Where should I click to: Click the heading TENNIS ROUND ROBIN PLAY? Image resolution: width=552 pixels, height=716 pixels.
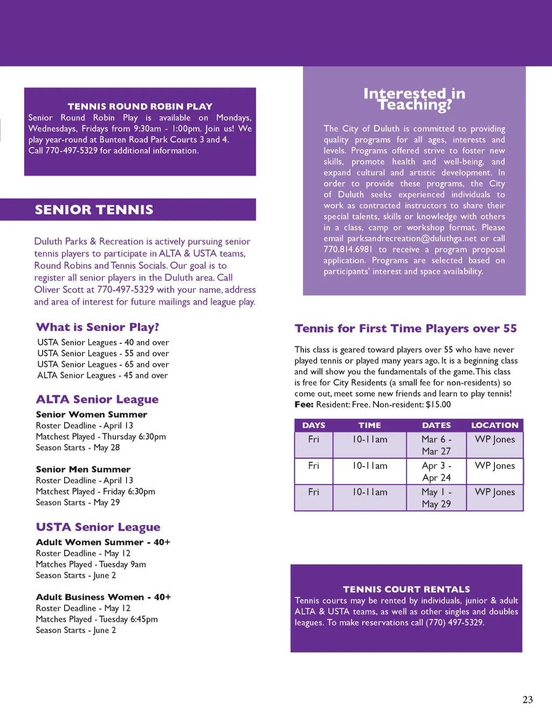(140, 107)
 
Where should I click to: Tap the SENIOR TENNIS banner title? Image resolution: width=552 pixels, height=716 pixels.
(94, 210)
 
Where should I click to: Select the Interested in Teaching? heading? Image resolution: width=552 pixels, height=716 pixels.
(414, 99)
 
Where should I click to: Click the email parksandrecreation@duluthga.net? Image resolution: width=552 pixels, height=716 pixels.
(412, 239)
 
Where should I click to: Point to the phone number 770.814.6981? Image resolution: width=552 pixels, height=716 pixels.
(348, 249)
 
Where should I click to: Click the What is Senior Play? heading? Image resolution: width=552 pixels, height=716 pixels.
(97, 327)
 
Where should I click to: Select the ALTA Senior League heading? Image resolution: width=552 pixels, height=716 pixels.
(97, 399)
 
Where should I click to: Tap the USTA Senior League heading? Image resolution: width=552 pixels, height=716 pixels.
(98, 527)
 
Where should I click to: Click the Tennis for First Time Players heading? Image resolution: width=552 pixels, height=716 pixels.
(405, 329)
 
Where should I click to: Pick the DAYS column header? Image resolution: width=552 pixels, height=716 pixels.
(314, 426)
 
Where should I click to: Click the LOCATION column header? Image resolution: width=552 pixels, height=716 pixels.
(494, 426)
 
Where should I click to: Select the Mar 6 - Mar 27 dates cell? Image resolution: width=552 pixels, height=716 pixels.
(436, 445)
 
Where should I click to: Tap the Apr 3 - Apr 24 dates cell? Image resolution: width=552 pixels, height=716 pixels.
(436, 471)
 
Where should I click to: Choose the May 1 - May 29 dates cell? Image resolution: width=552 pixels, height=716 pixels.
(436, 498)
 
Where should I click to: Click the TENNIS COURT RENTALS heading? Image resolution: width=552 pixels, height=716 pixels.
(406, 589)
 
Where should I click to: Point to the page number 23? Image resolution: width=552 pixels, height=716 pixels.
(527, 700)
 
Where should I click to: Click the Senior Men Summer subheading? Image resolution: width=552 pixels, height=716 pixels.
(83, 469)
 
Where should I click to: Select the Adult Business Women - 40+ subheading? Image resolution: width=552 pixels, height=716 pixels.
(103, 597)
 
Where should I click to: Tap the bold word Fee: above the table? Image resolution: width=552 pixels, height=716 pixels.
(304, 405)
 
